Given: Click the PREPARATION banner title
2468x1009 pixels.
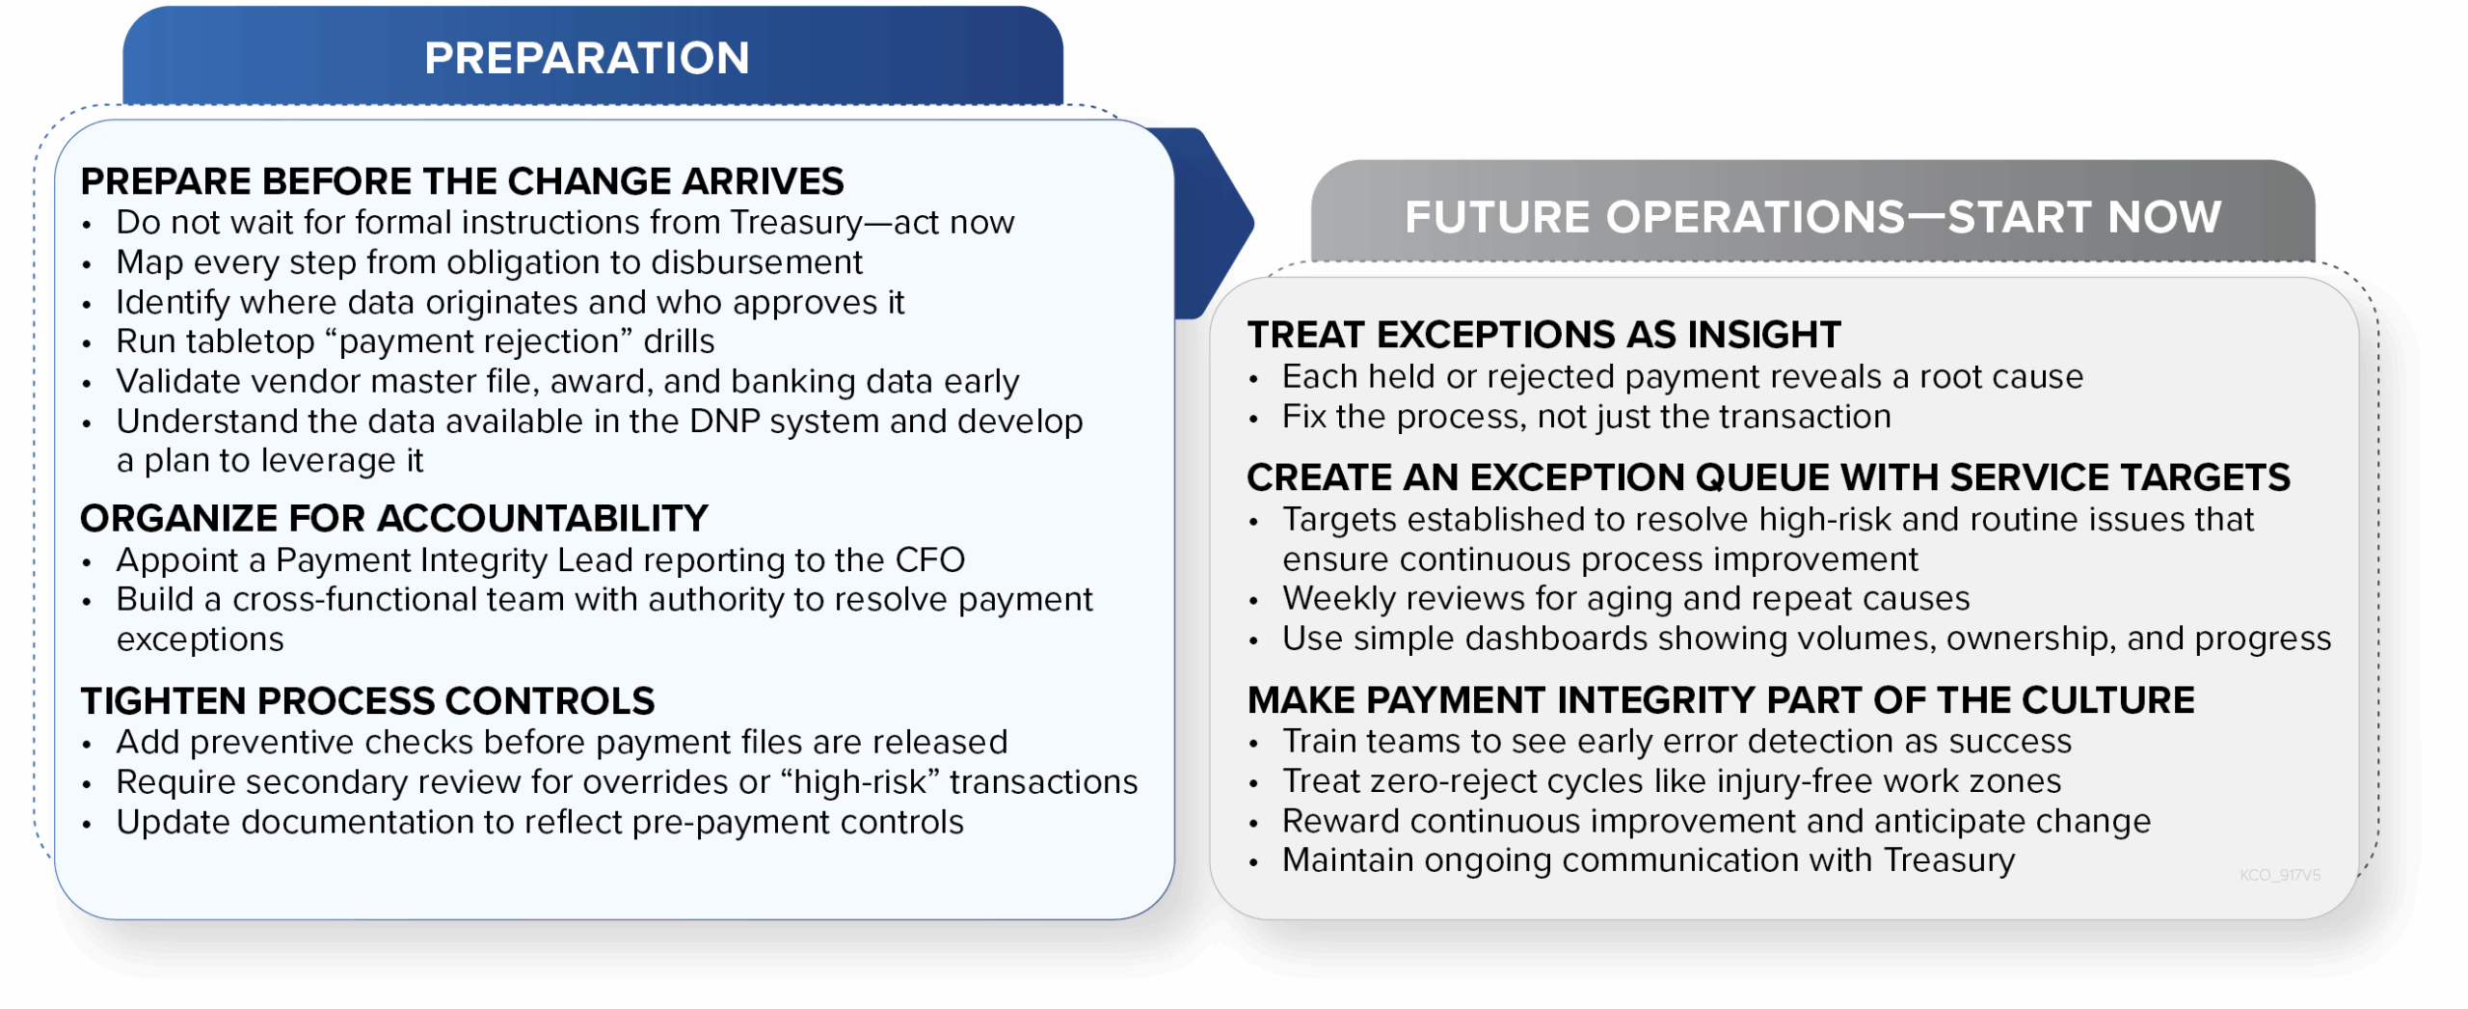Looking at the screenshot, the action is tap(586, 58).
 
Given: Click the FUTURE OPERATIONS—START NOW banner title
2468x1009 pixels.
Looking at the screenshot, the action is tap(1812, 217).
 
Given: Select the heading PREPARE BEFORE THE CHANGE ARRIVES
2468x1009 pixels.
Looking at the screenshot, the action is tap(462, 181).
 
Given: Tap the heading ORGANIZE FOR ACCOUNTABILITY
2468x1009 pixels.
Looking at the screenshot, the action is tap(394, 519).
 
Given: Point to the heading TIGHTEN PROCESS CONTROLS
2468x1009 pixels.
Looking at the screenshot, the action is tap(367, 701).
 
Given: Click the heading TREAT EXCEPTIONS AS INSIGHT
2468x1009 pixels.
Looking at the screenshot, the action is tap(1543, 335).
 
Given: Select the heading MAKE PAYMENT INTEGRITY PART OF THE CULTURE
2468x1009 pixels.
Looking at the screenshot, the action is tap(1721, 700).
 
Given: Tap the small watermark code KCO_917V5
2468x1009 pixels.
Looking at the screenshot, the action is tap(2280, 875).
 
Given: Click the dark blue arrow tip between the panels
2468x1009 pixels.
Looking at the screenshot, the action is tap(1251, 223).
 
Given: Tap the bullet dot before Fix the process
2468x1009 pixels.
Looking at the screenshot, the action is tap(1253, 420).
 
